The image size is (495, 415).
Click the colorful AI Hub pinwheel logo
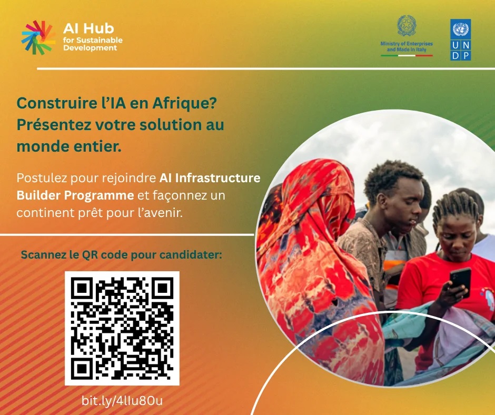[38, 37]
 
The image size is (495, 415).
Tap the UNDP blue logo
[460, 39]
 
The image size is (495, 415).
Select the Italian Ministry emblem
[406, 26]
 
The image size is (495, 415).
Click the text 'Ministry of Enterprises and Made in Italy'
[406, 46]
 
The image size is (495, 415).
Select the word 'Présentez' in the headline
[49, 125]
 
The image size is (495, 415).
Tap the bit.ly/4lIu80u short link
[122, 400]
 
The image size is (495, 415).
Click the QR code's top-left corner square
[81, 288]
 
